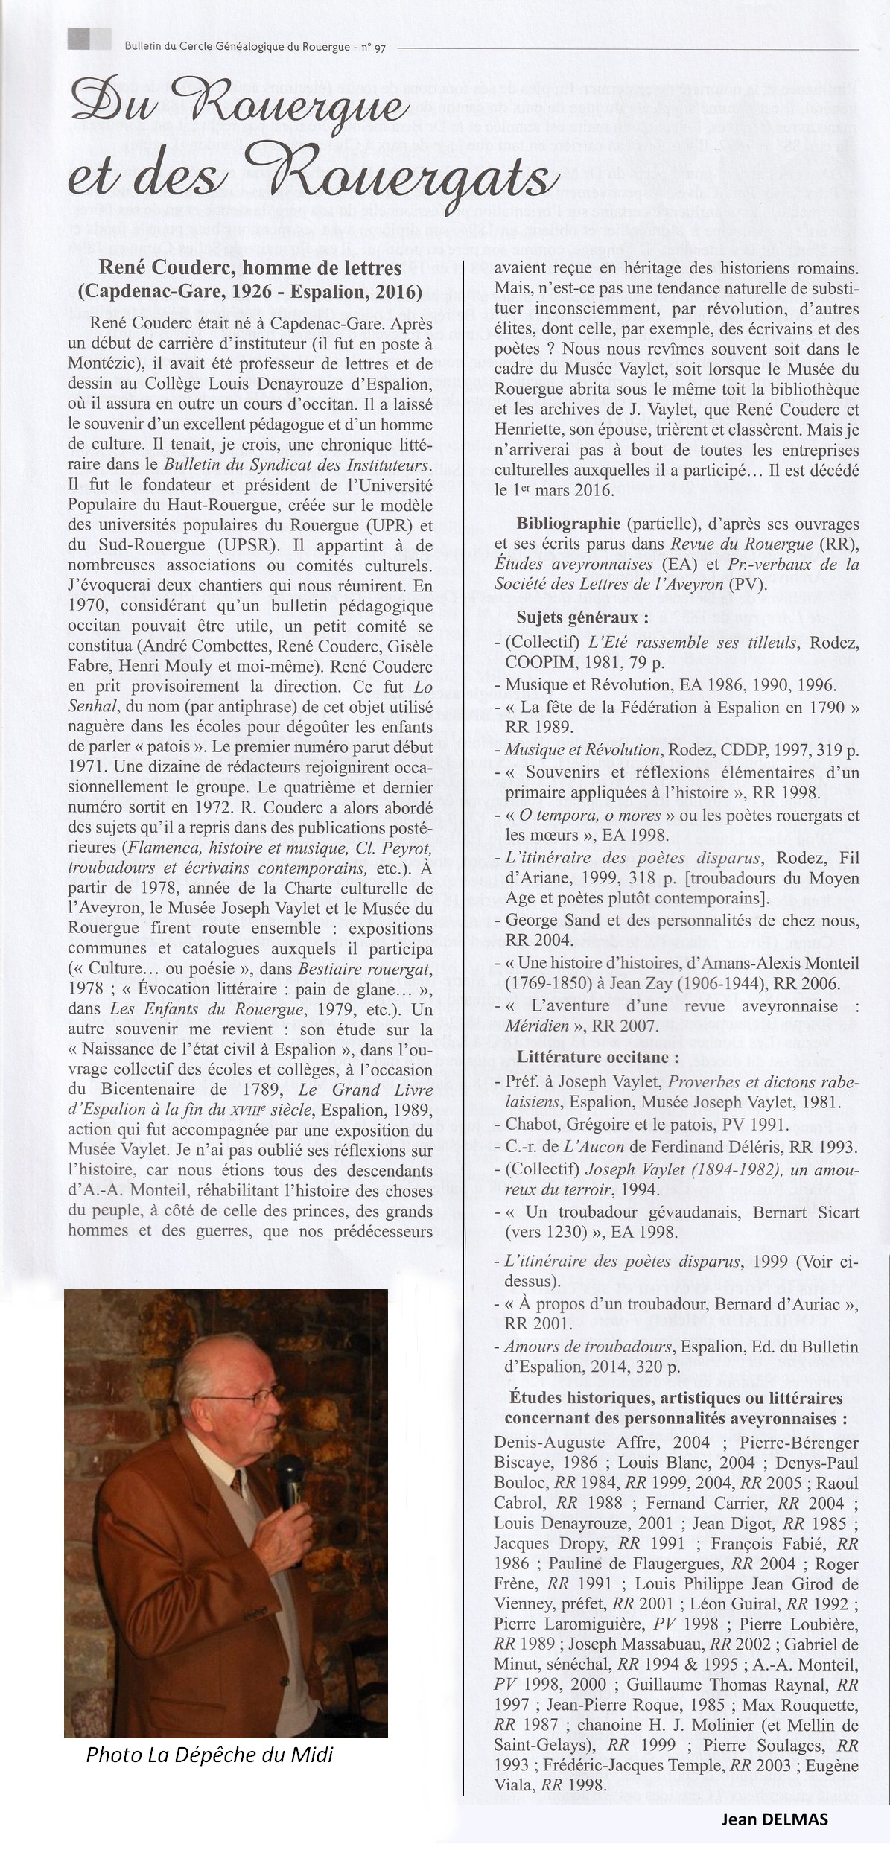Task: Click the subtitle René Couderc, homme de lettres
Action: coord(250,267)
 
